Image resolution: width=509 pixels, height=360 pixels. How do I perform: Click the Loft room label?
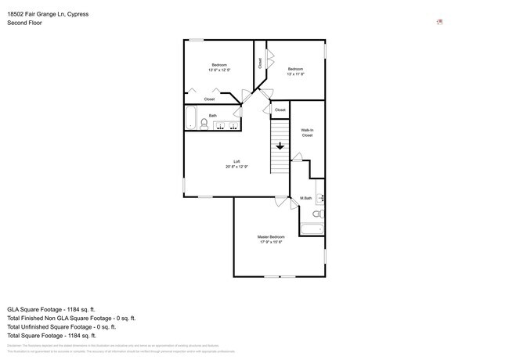(x=236, y=161)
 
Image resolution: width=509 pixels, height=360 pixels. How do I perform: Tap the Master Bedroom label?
(x=272, y=236)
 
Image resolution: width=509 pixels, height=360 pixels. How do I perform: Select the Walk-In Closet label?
(x=307, y=132)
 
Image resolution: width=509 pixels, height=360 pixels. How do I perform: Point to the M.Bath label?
(x=306, y=198)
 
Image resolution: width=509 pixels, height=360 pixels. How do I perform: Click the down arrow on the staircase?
(x=280, y=145)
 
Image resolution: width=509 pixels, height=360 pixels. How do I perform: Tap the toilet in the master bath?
(x=317, y=213)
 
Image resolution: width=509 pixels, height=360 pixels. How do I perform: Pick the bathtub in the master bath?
(x=312, y=229)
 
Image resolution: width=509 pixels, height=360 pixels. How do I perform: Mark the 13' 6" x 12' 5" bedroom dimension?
(x=219, y=70)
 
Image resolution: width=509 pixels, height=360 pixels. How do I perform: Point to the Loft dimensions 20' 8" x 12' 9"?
(x=236, y=167)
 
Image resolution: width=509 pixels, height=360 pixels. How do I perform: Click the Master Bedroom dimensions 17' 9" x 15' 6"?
(x=272, y=242)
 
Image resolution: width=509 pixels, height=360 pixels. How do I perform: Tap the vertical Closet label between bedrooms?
(x=260, y=63)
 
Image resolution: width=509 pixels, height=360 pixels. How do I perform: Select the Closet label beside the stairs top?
(x=280, y=110)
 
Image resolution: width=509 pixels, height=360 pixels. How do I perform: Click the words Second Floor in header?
(x=24, y=23)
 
